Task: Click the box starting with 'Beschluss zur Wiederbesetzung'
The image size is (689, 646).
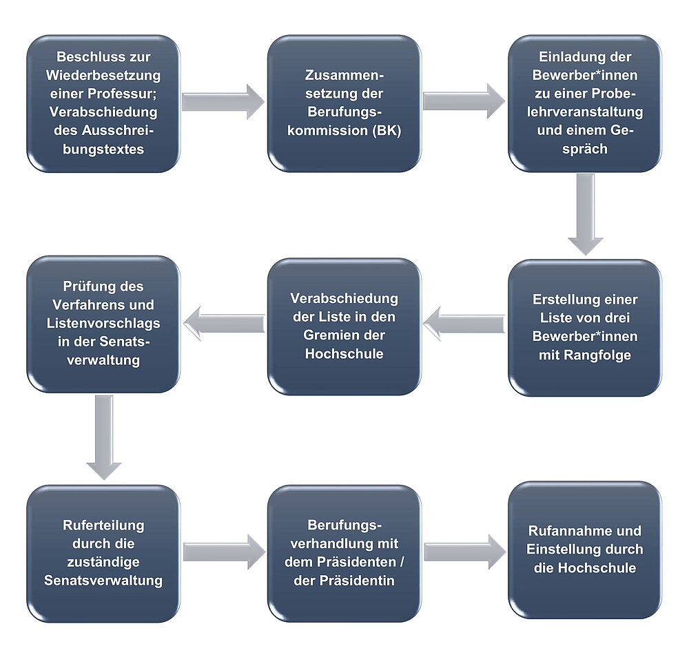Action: tap(103, 103)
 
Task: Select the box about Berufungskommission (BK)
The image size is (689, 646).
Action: tap(344, 103)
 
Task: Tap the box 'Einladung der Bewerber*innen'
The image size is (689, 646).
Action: tap(585, 103)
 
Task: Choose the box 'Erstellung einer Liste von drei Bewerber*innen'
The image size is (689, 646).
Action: tap(585, 328)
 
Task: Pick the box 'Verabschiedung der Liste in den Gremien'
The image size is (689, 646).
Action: tap(344, 326)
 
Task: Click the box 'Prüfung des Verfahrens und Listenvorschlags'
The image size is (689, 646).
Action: tap(103, 324)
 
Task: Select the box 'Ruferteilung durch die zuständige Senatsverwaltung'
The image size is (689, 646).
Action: tap(103, 553)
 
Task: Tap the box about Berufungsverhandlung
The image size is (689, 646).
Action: tap(344, 553)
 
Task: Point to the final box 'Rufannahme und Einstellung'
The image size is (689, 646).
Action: tap(585, 550)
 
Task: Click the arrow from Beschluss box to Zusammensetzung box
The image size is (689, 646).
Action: tap(223, 102)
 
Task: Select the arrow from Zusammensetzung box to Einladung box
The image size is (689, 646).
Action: tap(464, 101)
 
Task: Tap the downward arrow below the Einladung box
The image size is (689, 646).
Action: tap(585, 215)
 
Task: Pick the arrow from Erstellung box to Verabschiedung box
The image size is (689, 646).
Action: tap(464, 324)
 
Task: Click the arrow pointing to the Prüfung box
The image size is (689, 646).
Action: tap(224, 324)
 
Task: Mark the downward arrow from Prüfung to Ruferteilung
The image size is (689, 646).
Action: tap(104, 437)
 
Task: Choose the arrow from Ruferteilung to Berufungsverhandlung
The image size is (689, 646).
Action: tap(224, 552)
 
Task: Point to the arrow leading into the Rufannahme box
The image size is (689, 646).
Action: tap(465, 552)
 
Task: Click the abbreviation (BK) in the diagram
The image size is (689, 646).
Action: tap(387, 130)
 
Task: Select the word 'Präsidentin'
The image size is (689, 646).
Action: tap(357, 581)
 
